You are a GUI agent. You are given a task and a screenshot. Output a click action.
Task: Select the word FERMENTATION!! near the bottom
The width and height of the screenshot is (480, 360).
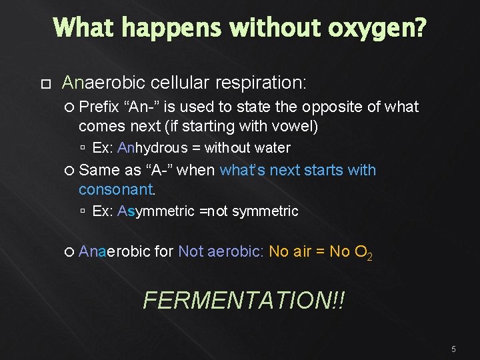(x=244, y=301)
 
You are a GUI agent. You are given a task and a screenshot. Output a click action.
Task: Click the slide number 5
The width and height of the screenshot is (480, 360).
(x=453, y=349)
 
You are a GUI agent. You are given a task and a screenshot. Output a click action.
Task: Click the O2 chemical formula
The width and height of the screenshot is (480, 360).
(x=363, y=252)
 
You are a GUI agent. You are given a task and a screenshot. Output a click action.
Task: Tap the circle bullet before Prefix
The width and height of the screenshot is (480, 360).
(x=71, y=107)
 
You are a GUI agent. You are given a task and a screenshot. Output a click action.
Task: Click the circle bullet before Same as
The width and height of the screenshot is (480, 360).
(x=71, y=171)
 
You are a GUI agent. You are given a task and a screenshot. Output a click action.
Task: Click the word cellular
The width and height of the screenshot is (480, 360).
(x=180, y=83)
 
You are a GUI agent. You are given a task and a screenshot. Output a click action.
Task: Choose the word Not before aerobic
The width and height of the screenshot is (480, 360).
(x=191, y=251)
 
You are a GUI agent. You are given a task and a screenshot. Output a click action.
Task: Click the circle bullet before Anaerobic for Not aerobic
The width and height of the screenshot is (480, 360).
(x=71, y=252)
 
